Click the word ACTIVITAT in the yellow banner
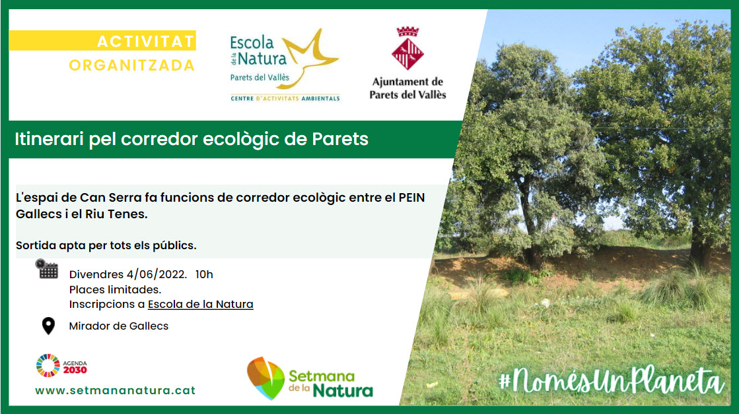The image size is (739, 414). click(145, 42)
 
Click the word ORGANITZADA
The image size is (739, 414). click(132, 65)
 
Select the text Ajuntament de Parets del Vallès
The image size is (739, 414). click(408, 88)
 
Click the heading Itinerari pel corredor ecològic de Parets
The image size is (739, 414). click(192, 140)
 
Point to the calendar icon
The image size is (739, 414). click(47, 269)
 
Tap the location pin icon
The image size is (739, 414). click(48, 326)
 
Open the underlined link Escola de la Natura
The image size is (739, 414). click(200, 304)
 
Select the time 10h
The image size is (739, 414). click(205, 275)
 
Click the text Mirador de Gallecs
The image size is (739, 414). click(119, 326)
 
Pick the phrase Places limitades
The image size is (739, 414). click(115, 289)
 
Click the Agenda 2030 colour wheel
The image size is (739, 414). click(46, 365)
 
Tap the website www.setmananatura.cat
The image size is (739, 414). click(116, 390)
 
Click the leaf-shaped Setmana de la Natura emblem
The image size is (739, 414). click(265, 378)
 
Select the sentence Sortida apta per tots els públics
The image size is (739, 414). click(106, 245)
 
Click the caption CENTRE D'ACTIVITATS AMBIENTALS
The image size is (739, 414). click(285, 98)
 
